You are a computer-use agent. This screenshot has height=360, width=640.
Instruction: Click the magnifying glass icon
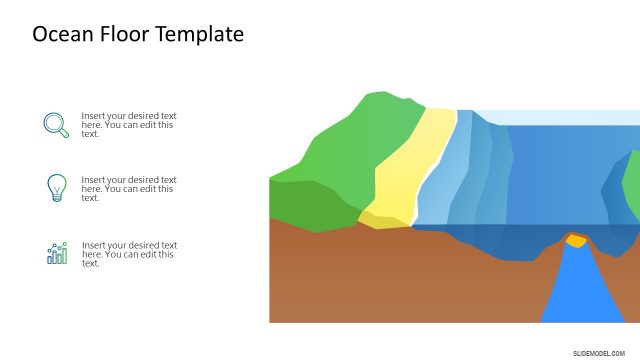click(56, 124)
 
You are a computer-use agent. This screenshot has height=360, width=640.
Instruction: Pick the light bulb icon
click(56, 187)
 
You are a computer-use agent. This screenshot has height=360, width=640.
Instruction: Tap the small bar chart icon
click(56, 253)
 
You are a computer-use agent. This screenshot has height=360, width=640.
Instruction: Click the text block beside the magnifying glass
click(129, 124)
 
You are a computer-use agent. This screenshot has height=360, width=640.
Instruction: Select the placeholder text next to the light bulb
click(129, 189)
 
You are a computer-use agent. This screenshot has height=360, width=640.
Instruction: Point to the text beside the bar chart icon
click(129, 254)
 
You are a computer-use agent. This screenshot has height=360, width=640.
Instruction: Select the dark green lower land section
click(310, 205)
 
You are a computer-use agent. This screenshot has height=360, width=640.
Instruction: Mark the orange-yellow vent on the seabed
click(576, 240)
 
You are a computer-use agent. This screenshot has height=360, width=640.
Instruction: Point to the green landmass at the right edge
click(631, 185)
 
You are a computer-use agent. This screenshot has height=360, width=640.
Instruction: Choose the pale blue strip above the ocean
click(560, 117)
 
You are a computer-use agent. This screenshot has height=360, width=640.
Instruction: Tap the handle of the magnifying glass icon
click(64, 133)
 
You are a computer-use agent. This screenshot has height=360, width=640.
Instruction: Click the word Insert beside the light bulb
click(94, 180)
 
